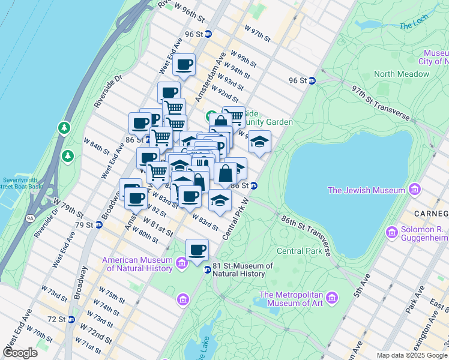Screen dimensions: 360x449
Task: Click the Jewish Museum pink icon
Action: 414,190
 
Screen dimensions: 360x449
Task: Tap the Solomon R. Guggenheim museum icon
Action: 392,232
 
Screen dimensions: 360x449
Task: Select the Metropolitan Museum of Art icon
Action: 331,298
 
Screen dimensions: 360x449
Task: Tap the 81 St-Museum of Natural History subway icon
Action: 208,270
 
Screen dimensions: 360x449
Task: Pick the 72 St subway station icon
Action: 71,319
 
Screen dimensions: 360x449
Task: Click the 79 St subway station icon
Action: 100,225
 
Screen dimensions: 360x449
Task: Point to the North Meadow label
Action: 402,74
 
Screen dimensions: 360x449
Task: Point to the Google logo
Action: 20,352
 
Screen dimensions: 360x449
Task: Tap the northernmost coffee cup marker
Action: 184,64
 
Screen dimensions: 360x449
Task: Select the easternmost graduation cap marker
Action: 259,142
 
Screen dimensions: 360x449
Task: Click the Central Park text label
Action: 299,251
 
